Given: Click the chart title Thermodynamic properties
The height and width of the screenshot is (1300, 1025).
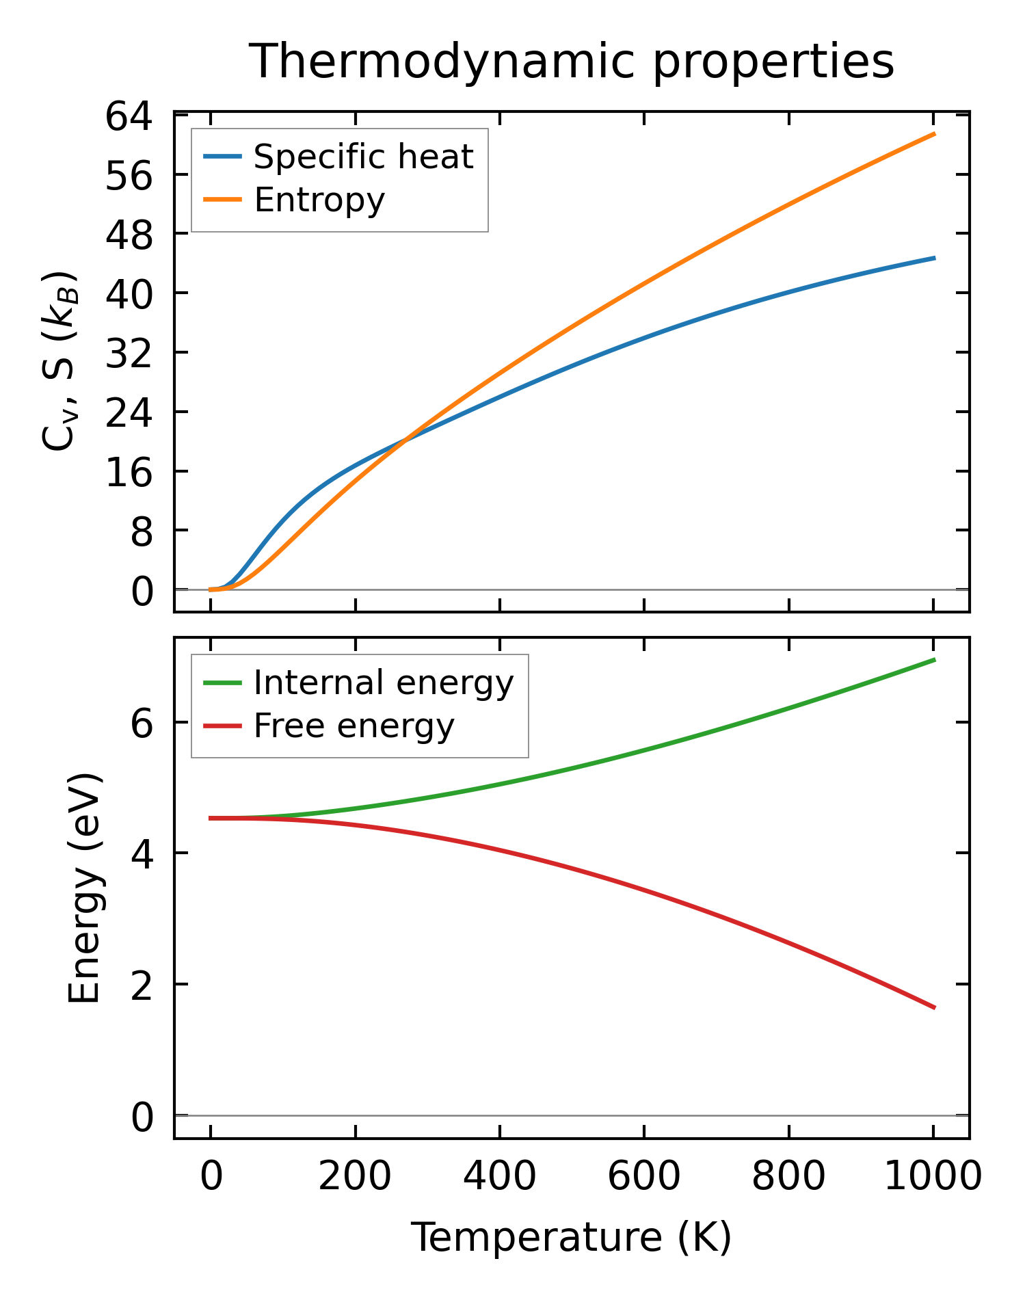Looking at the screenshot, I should pyautogui.click(x=571, y=62).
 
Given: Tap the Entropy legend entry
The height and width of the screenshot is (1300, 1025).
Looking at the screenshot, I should pyautogui.click(x=319, y=200).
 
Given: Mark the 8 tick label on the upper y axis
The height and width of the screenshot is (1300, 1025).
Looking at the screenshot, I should pyautogui.click(x=142, y=531).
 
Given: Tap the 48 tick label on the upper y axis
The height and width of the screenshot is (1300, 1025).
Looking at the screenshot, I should pyautogui.click(x=128, y=235).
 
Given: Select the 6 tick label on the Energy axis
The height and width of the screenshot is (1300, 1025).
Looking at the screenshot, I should pyautogui.click(x=142, y=723).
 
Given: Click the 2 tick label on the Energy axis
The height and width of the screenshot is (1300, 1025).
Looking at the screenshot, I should pyautogui.click(x=142, y=985).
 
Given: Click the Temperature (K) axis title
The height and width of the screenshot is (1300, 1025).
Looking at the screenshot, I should pyautogui.click(x=571, y=1238).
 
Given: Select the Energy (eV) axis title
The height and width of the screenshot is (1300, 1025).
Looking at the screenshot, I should pyautogui.click(x=85, y=888).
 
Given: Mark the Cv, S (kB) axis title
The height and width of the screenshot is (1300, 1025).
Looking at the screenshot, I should pyautogui.click(x=59, y=362).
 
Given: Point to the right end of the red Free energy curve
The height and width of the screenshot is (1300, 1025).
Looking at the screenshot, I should pyautogui.click(x=934, y=1007).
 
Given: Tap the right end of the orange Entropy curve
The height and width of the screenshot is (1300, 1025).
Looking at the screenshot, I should pyautogui.click(x=934, y=134).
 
